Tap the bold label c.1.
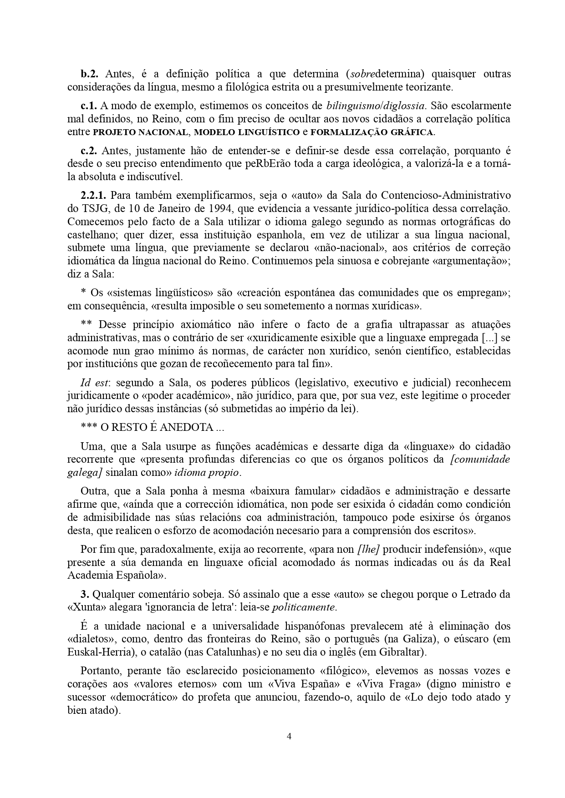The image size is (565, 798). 89,106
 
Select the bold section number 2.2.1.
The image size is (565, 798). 94,196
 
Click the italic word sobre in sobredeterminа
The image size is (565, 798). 359,74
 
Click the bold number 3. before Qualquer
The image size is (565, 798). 84,594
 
